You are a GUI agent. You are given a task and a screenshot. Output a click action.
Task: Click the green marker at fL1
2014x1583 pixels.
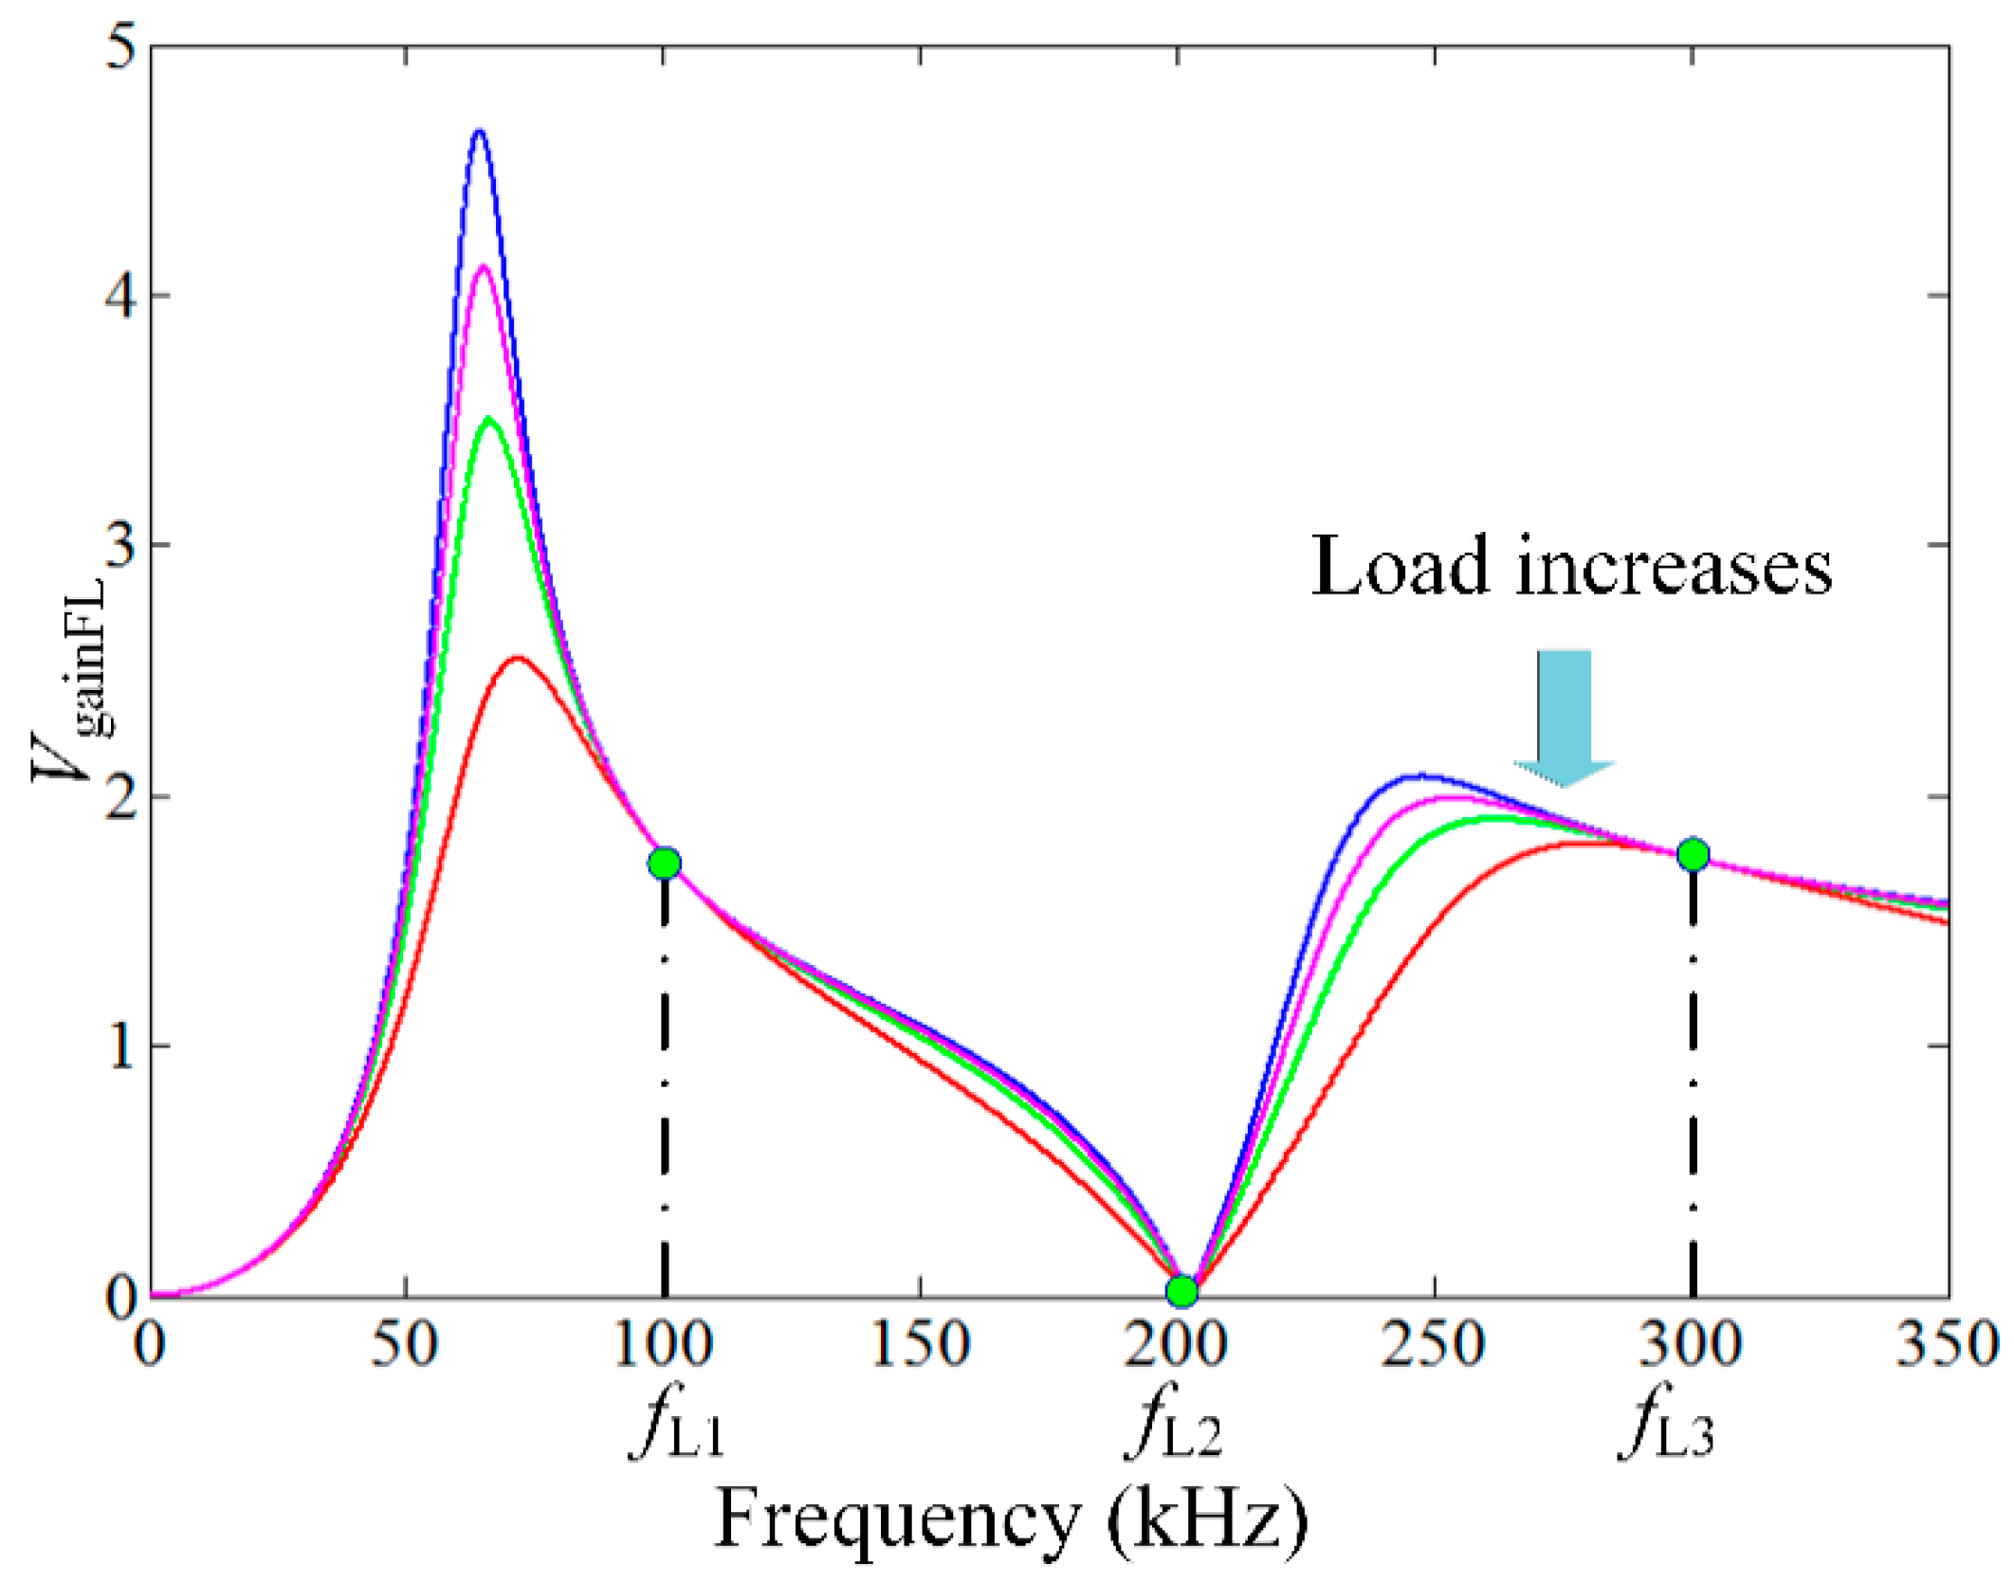[665, 864]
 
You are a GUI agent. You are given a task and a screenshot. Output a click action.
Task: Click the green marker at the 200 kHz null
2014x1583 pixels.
[1181, 1291]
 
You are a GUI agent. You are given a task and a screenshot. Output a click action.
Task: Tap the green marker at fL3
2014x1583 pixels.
[1693, 855]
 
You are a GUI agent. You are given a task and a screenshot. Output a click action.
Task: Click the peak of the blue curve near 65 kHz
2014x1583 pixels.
[480, 132]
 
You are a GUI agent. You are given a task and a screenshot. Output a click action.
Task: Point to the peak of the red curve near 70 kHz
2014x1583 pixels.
[516, 658]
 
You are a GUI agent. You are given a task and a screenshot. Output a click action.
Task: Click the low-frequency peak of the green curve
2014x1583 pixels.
[488, 418]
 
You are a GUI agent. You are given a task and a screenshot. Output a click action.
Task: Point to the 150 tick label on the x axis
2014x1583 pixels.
[920, 1344]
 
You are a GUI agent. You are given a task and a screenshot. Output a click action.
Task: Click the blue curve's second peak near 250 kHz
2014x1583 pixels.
[1419, 775]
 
